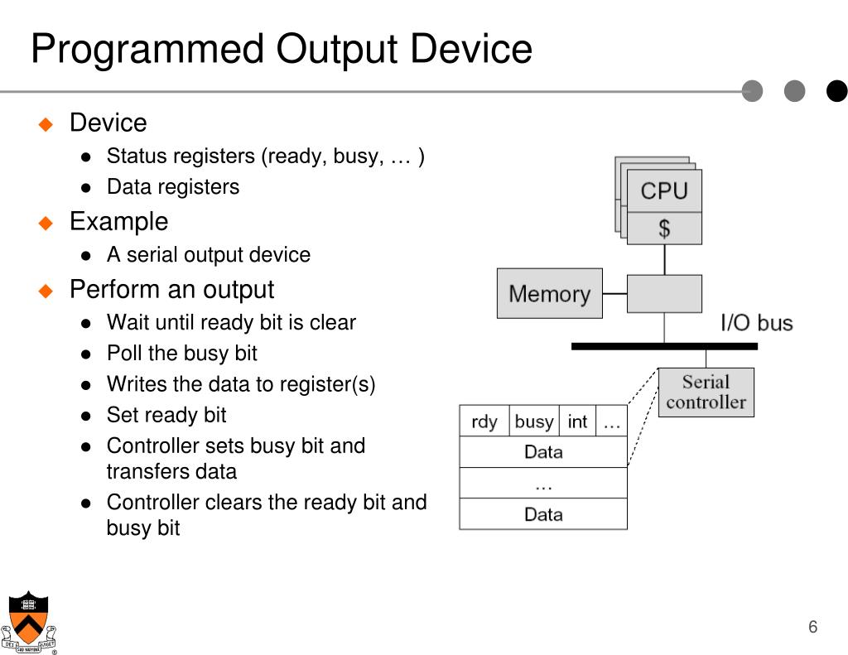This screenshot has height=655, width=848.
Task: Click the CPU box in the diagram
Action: [x=664, y=190]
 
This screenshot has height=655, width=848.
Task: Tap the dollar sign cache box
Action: [x=664, y=229]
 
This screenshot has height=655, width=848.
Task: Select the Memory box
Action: [x=550, y=293]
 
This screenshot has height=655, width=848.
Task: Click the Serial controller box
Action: [x=706, y=393]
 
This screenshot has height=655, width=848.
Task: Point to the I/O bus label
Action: [x=757, y=323]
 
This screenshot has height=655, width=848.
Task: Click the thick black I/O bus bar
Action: [x=664, y=346]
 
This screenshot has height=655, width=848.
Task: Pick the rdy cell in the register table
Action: [x=484, y=421]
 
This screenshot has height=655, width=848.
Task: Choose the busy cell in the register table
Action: [x=534, y=421]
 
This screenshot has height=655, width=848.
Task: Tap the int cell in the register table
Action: [x=577, y=421]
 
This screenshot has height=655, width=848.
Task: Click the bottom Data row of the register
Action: [x=543, y=514]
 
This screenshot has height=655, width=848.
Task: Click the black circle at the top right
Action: [x=836, y=91]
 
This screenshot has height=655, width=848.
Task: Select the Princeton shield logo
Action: [x=29, y=622]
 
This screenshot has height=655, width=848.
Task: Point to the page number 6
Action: [x=812, y=626]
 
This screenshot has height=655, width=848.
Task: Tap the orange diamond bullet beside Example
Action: [x=46, y=223]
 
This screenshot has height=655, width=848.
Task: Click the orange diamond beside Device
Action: [x=46, y=124]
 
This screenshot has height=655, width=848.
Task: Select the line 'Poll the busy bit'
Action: [x=181, y=354]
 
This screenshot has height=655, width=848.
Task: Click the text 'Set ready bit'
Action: [x=166, y=415]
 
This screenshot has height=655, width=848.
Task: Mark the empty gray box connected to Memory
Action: [x=664, y=294]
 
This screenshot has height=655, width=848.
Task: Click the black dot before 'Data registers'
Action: [x=85, y=188]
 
